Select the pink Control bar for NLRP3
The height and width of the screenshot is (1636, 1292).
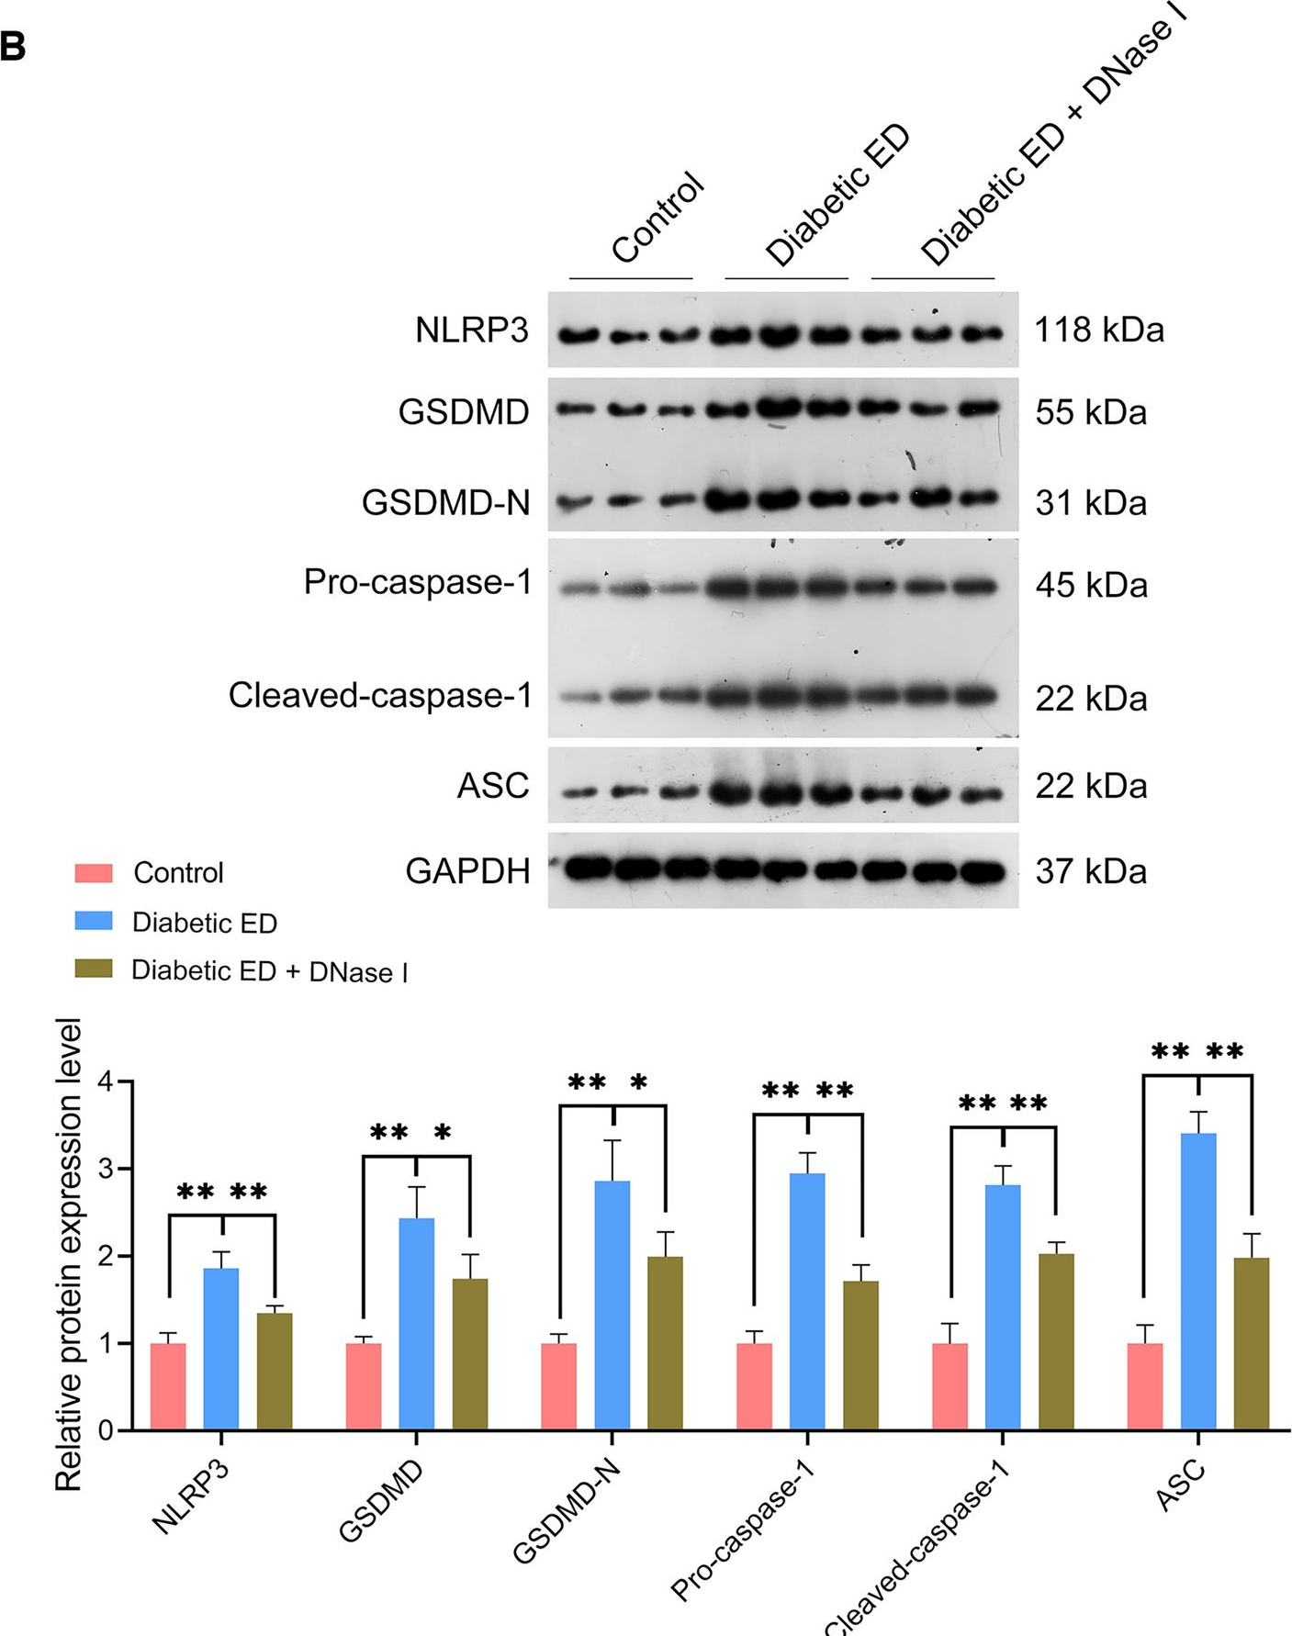pyautogui.click(x=168, y=1386)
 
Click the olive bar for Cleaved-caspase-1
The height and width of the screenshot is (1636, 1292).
pyautogui.click(x=1056, y=1341)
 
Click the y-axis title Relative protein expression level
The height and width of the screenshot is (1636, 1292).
pyautogui.click(x=69, y=1253)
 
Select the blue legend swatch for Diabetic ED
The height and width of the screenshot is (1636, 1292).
pyautogui.click(x=94, y=921)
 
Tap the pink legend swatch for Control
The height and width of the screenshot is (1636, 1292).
pyautogui.click(x=94, y=872)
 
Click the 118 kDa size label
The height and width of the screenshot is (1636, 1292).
pyautogui.click(x=1099, y=331)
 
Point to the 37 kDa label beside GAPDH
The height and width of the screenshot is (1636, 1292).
pyautogui.click(x=1091, y=871)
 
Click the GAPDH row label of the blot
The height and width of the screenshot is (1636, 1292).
pyautogui.click(x=467, y=870)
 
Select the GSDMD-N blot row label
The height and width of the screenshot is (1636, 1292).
pyautogui.click(x=445, y=503)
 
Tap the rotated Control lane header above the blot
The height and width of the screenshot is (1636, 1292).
pyautogui.click(x=657, y=218)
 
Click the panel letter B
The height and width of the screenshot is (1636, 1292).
pyautogui.click(x=14, y=46)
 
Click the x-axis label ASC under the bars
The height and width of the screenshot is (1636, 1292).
pyautogui.click(x=1180, y=1485)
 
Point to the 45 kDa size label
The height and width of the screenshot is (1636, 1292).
pyautogui.click(x=1091, y=586)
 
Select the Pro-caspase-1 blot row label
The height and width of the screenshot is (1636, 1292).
pyautogui.click(x=418, y=582)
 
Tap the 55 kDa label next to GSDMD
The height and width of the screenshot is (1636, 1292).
pyautogui.click(x=1091, y=413)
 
